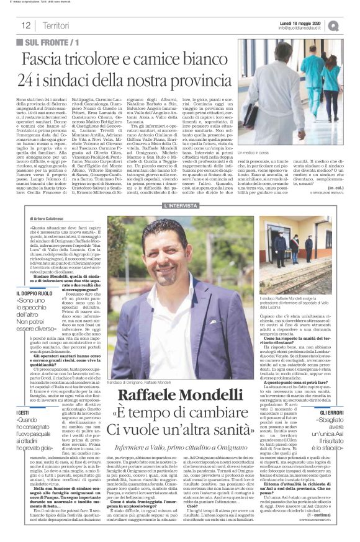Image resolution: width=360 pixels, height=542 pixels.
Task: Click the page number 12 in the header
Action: [27, 25]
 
